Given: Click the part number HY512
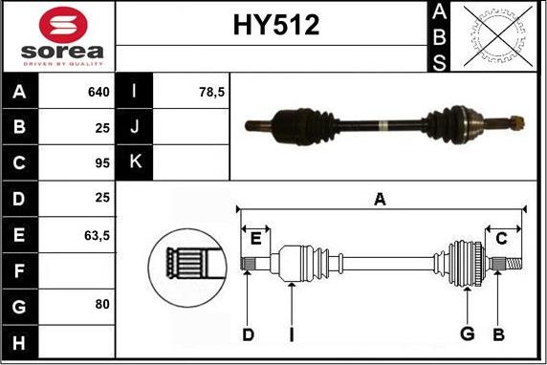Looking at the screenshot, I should pos(275,26).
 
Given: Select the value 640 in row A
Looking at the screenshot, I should pos(98,93).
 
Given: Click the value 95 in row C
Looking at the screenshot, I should pos(102,162).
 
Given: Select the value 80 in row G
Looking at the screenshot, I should pos(102,304).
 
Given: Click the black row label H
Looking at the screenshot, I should pos(20,339).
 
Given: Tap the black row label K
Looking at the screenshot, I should pos(133,162).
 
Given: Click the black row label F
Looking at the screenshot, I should pos(20,268).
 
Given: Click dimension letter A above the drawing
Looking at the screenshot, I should pos(380,199).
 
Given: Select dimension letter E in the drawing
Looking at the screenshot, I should pos(255,239).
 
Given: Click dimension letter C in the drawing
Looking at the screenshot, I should pos(501,239).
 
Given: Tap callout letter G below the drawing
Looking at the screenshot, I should pos(467,333).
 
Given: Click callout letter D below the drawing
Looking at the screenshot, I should pos(247,333).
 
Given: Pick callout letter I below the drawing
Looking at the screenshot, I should pos(291,333).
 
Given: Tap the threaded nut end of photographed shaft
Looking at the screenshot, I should pos(514,122).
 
